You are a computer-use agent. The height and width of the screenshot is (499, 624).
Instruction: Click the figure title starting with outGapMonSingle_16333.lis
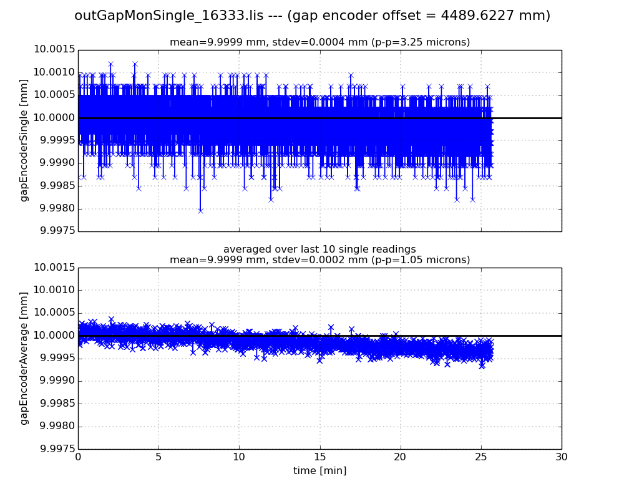[312, 16]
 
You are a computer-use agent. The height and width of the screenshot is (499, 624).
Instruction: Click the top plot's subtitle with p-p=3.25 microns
[319, 42]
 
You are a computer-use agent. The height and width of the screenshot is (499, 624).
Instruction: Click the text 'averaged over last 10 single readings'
[319, 249]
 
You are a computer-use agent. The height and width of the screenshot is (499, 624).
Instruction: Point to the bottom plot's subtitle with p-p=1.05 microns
[319, 260]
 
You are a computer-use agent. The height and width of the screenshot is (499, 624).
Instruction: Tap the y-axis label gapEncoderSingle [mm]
[24, 140]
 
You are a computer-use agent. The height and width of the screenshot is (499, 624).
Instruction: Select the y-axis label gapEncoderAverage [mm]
[24, 358]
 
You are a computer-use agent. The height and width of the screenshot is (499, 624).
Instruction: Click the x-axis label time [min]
[319, 471]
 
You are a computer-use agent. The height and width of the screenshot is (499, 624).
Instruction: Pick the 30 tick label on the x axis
[562, 457]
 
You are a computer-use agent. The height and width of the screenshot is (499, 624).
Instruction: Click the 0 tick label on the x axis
[78, 457]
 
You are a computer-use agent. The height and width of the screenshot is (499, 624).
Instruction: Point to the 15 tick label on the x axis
[319, 457]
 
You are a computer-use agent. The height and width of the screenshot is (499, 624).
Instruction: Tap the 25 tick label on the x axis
[481, 457]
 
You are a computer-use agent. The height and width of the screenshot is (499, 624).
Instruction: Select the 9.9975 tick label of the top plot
[55, 231]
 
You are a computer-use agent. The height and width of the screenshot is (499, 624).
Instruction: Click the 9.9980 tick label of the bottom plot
[55, 427]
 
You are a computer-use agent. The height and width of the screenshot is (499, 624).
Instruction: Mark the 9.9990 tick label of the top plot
[55, 163]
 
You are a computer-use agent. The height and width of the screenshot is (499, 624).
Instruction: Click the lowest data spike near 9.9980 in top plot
[200, 211]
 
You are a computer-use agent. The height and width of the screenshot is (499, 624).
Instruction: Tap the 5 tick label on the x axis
[158, 457]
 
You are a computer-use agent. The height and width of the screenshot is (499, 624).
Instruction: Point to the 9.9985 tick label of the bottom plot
[55, 404]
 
